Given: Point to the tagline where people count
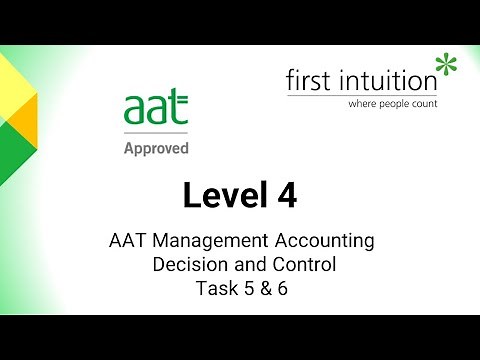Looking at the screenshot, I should pyautogui.click(x=392, y=102).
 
